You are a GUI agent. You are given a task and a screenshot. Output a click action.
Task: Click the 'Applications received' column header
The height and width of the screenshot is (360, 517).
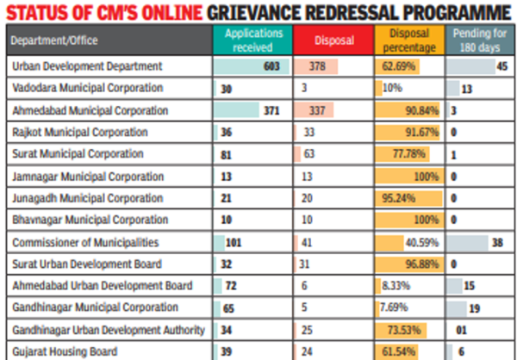tap(249, 39)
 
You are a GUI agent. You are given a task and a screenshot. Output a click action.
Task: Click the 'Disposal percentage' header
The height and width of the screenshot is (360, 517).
tap(408, 39)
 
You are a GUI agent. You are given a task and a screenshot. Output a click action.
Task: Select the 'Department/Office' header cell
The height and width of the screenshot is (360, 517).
tap(54, 39)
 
